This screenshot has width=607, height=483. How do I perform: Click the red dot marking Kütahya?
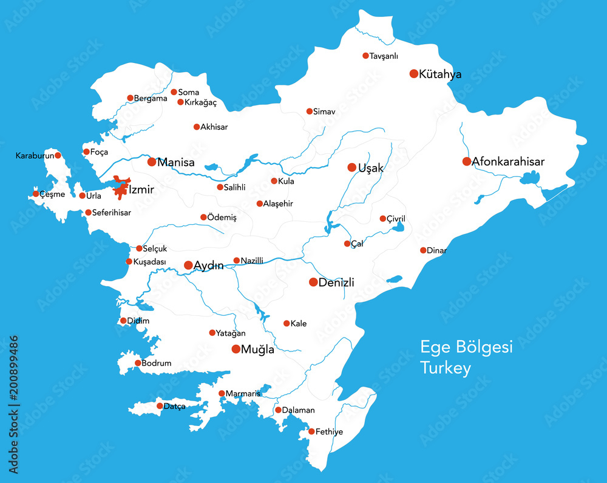(414, 74)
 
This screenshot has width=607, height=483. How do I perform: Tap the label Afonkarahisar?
(508, 162)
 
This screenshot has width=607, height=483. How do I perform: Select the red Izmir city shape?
(121, 188)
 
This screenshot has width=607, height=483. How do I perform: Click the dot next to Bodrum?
(138, 363)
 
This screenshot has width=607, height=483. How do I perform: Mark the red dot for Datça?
(160, 406)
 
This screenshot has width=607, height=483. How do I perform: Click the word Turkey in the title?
(446, 368)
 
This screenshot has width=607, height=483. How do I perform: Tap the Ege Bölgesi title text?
(466, 347)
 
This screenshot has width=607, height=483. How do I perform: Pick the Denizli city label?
(336, 282)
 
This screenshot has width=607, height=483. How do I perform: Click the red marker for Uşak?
(351, 167)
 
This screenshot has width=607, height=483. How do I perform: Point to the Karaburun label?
(35, 156)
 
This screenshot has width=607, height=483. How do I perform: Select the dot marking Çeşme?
(36, 194)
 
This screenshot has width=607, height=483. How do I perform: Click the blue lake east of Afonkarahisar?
(531, 178)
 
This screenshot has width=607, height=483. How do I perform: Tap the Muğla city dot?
(236, 349)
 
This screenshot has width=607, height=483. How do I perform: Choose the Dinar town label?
(437, 250)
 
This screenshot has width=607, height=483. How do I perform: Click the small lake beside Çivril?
(399, 228)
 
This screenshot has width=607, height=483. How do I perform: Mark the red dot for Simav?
(310, 112)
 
